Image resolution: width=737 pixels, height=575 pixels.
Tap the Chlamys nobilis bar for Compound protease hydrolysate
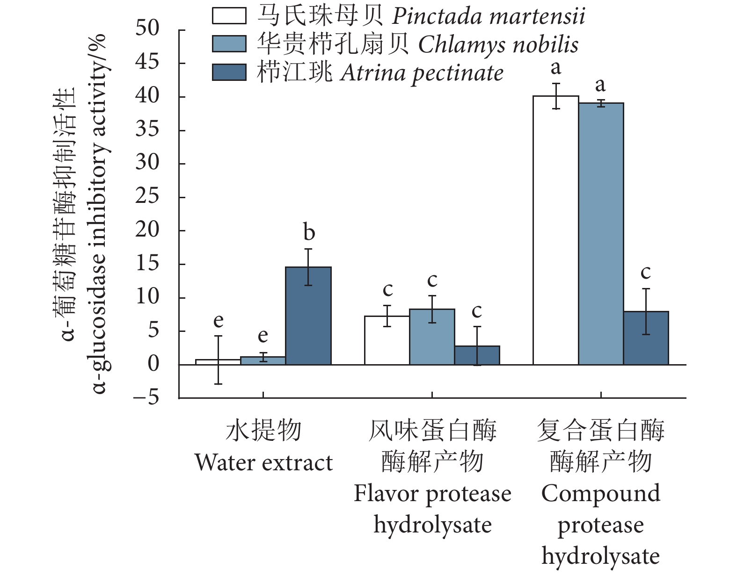pos(601,234)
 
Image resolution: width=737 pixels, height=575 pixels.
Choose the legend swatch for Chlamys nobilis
pos(229,44)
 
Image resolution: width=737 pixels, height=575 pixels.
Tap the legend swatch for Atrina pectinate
pos(229,72)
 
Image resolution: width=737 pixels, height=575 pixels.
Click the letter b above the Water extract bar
pos(309,232)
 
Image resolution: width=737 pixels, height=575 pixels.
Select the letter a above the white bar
pos(556,68)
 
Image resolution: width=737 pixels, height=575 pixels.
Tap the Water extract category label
pos(263,463)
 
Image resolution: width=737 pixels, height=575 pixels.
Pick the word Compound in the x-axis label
pos(601,494)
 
